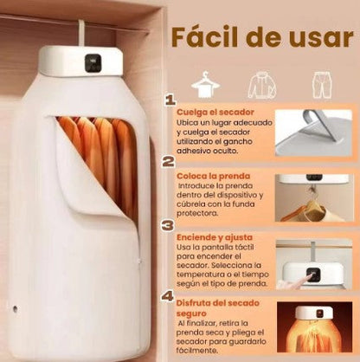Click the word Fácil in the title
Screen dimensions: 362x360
point(205,38)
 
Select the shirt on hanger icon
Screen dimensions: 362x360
point(205,85)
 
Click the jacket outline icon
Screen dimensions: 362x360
point(261,85)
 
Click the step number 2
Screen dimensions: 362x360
point(169,161)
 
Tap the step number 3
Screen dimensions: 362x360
point(169,225)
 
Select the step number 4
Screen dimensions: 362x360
point(169,295)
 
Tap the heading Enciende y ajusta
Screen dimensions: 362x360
point(215,236)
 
